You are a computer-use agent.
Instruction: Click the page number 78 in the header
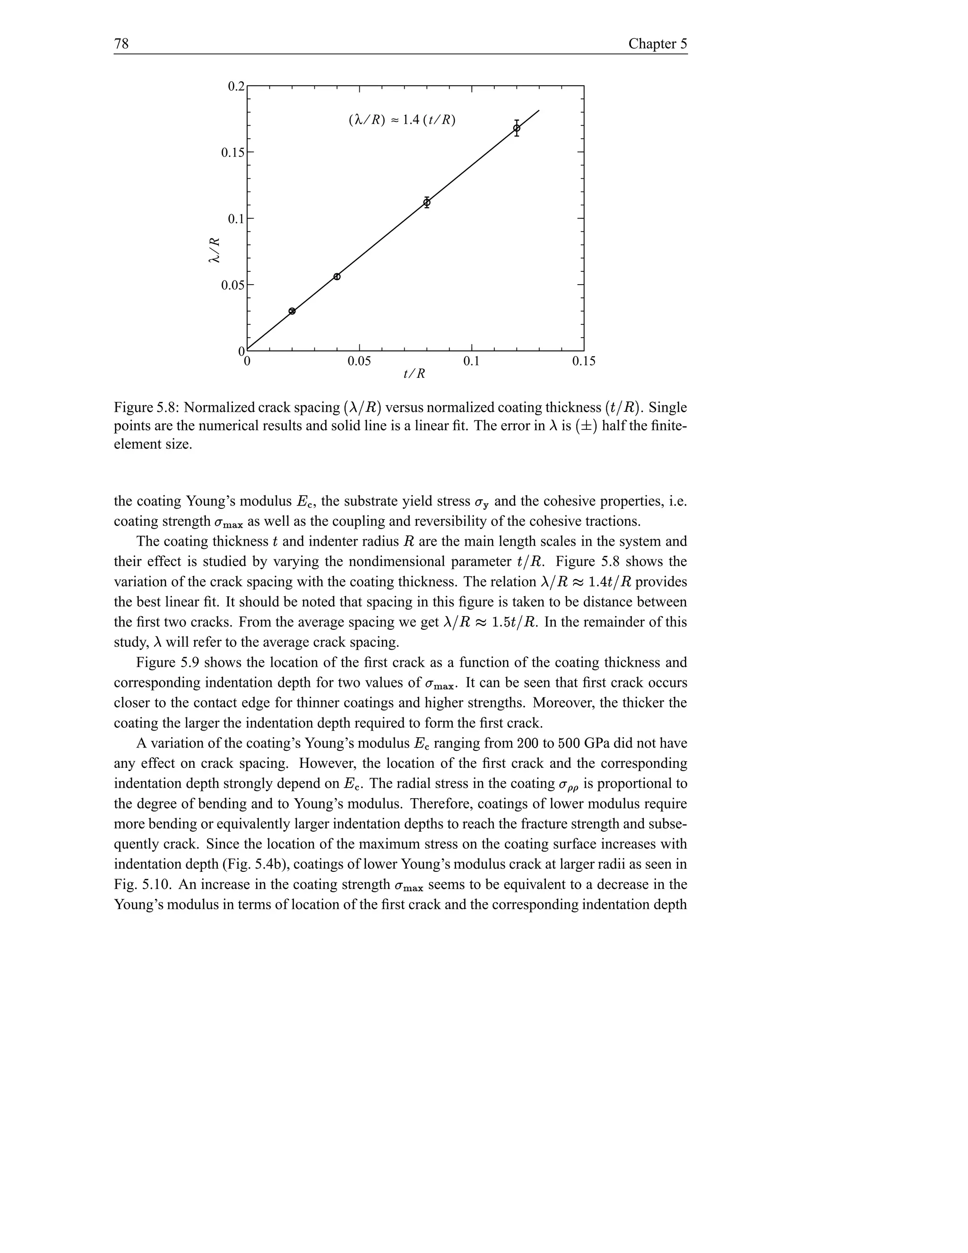[121, 44]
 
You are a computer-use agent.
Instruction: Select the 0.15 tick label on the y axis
[232, 153]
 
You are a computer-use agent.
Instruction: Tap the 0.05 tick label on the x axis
[359, 361]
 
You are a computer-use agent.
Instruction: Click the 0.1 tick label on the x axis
[471, 361]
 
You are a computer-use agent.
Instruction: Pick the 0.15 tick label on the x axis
[583, 361]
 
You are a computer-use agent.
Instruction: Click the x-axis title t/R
[414, 374]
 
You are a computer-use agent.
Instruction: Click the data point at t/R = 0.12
[517, 128]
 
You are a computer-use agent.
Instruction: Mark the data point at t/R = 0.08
[427, 202]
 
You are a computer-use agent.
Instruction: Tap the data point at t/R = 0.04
[337, 277]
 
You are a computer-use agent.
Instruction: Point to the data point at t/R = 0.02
[292, 311]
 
